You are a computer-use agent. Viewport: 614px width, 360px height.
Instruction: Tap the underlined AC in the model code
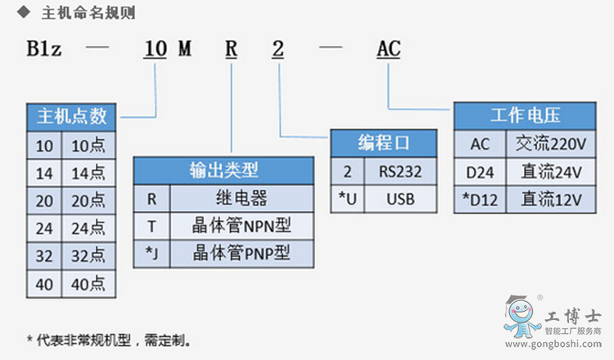pyautogui.click(x=388, y=49)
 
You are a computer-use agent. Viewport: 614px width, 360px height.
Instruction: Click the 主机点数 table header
pyautogui.click(x=72, y=117)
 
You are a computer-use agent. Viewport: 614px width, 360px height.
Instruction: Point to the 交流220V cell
pyautogui.click(x=550, y=144)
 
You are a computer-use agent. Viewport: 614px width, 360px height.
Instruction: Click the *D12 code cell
pyautogui.click(x=480, y=198)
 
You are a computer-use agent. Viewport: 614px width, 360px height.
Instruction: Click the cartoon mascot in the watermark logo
pyautogui.click(x=519, y=320)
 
